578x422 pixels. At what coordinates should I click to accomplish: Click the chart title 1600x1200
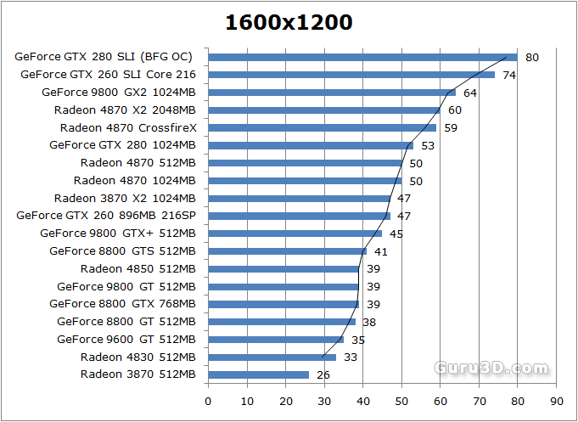(289, 23)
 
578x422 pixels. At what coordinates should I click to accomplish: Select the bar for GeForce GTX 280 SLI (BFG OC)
(362, 57)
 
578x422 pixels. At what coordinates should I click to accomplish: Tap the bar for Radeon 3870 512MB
(258, 374)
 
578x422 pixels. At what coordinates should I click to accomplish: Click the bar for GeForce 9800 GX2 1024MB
(332, 93)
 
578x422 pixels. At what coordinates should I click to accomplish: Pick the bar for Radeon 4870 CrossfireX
(322, 127)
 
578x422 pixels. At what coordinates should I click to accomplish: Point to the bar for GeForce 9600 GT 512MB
(275, 340)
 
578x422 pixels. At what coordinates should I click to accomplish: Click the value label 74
(509, 75)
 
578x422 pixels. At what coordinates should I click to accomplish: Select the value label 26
(323, 374)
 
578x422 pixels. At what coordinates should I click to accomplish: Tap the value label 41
(381, 251)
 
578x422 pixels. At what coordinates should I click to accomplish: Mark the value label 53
(428, 145)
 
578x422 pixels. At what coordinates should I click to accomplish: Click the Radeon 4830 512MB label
(138, 357)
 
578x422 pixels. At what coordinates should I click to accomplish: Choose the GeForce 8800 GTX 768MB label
(122, 304)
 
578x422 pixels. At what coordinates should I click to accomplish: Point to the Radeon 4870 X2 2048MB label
(125, 110)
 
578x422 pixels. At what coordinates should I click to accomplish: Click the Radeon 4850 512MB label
(138, 268)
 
